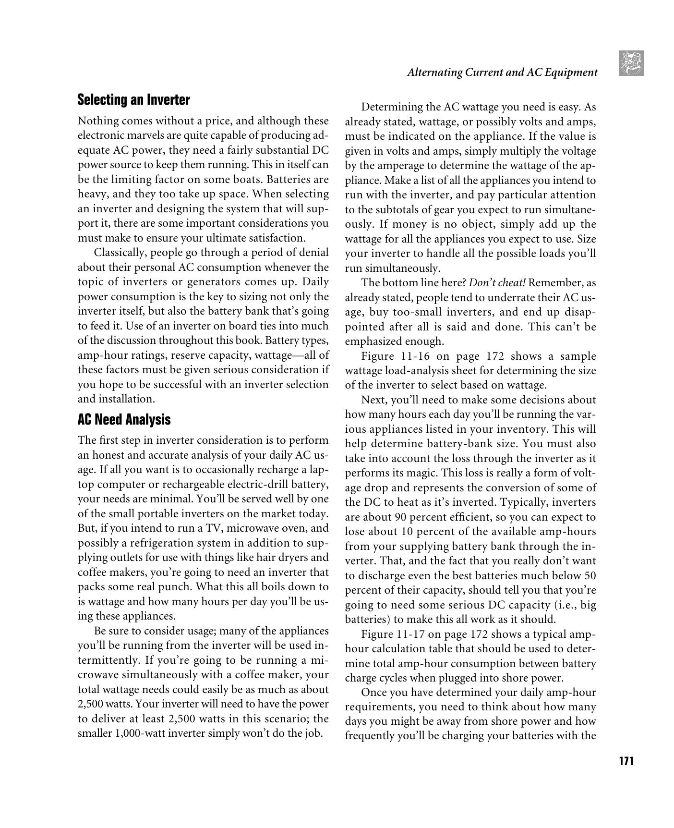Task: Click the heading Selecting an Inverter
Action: [x=133, y=100]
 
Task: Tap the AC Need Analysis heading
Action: [x=124, y=420]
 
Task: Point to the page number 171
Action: [x=626, y=761]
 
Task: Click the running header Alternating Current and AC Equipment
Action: [x=502, y=73]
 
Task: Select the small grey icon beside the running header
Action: [x=631, y=63]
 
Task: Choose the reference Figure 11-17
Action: [x=393, y=634]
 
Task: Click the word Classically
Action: [x=121, y=253]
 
